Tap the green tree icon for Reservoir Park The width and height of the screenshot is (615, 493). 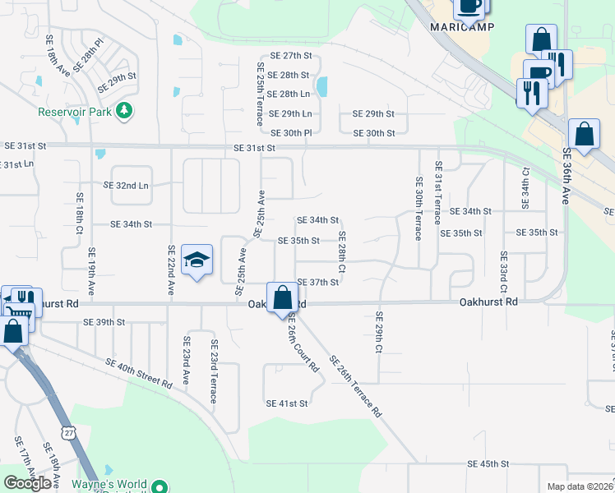point(123,110)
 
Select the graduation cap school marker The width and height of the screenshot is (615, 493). point(197,261)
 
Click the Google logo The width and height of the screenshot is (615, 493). point(28,483)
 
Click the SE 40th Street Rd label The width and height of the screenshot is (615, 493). point(138,373)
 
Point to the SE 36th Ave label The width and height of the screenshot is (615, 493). point(566,177)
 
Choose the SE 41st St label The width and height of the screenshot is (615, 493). point(286,403)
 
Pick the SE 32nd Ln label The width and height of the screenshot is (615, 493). point(132,185)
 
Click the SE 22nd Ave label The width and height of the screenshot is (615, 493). point(171,270)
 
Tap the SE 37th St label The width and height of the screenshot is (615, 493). point(318,282)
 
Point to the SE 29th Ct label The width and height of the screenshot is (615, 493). point(379,332)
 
